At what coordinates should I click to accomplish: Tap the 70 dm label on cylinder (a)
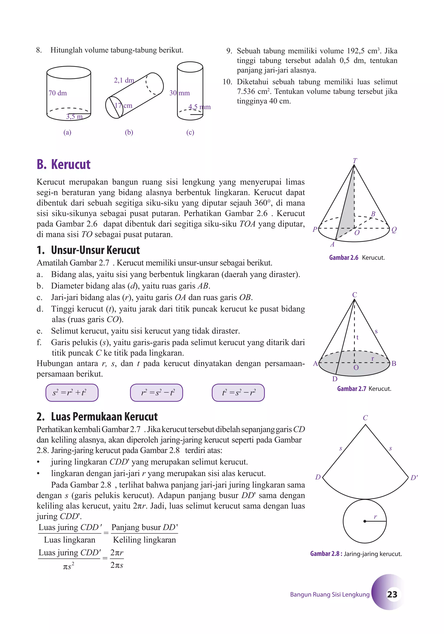point(58,93)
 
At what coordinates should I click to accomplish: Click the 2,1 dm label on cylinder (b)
point(124,80)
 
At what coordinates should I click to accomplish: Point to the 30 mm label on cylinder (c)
point(180,93)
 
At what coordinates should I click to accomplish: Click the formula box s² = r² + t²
point(72,392)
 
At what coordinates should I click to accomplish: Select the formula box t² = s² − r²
point(238,392)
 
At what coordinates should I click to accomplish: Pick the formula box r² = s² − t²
point(156,392)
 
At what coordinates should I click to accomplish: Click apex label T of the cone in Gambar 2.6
point(355,160)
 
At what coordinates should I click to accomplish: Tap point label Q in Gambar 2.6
point(394,230)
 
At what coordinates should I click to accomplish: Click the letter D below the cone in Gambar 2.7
point(335,379)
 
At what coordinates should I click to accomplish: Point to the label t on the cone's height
point(357,337)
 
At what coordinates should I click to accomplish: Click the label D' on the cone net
point(414,478)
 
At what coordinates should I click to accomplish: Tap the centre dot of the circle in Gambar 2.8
point(365,521)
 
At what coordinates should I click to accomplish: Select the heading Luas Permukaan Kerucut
point(104,417)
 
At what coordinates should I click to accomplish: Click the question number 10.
point(227,82)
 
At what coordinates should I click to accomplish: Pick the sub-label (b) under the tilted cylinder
point(129,132)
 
